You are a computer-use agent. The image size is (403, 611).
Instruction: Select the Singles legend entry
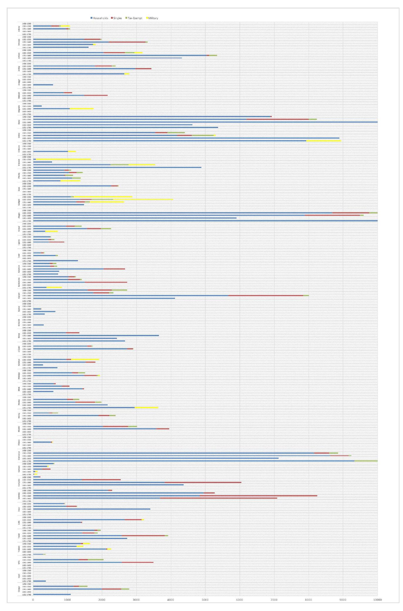(x=117, y=18)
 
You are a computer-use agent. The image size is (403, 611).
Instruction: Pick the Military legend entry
(x=153, y=18)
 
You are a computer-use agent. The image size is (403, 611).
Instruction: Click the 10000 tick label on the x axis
(x=377, y=600)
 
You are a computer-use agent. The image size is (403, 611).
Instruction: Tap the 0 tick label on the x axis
(x=33, y=600)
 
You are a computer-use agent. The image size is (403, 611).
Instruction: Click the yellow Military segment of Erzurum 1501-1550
(x=63, y=159)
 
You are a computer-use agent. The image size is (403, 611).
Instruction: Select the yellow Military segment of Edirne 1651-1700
(x=323, y=141)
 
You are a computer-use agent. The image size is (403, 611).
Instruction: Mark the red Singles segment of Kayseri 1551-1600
(x=266, y=296)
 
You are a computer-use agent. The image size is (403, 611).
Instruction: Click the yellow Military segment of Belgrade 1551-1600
(x=82, y=109)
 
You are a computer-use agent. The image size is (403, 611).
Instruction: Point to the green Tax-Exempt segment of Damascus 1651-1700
(x=366, y=461)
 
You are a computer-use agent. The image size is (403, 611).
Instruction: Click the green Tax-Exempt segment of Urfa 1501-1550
(x=95, y=560)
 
